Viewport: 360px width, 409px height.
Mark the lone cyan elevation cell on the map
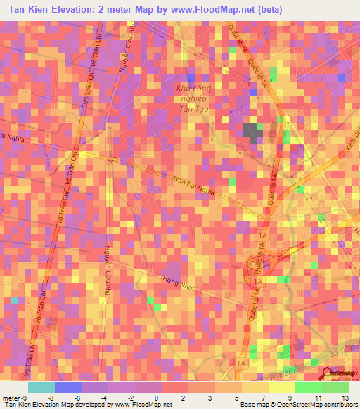tap(14, 301)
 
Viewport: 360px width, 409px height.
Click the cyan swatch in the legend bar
tap(41, 386)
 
